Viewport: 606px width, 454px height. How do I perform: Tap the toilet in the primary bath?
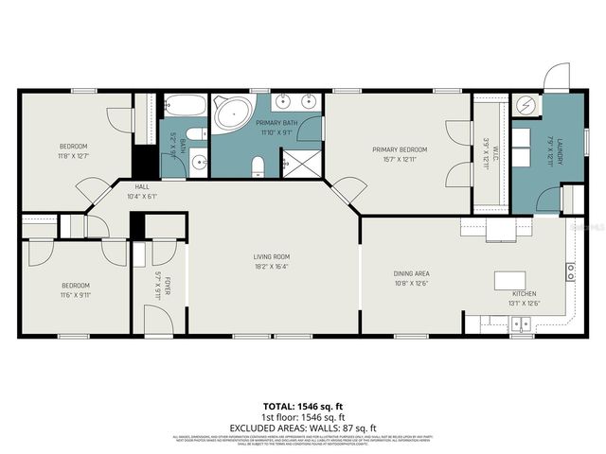point(258,166)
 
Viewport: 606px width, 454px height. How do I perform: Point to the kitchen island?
point(509,281)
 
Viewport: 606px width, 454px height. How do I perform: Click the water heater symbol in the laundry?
point(527,106)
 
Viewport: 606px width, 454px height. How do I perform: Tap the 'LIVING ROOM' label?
point(271,256)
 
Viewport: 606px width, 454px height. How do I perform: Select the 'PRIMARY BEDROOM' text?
point(399,149)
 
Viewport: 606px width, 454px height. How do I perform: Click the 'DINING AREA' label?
point(412,274)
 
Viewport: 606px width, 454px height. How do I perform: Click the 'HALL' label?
point(141,187)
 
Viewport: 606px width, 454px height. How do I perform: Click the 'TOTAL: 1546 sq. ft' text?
point(303,405)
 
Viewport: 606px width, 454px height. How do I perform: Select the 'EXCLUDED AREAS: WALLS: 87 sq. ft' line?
point(303,428)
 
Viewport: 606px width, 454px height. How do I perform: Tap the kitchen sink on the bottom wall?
point(518,325)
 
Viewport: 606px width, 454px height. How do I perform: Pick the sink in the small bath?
point(198,163)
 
